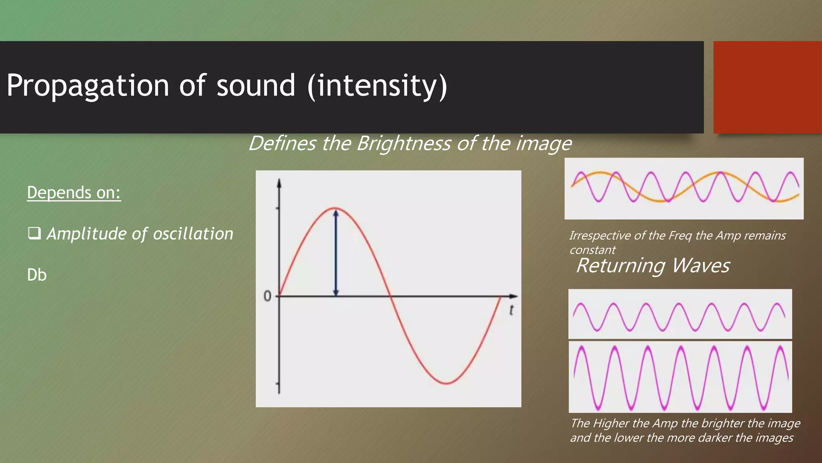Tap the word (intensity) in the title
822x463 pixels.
point(377,86)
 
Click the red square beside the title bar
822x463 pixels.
point(767,87)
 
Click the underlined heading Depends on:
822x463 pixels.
point(74,193)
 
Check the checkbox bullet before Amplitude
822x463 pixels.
point(34,233)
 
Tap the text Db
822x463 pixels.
point(37,275)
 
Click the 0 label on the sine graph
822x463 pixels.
point(267,297)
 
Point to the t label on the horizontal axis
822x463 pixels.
point(511,310)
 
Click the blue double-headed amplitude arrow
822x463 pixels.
point(336,253)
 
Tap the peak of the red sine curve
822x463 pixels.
point(336,208)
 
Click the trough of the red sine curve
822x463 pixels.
point(446,383)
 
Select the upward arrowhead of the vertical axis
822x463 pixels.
point(279,183)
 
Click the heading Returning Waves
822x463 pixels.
point(653,266)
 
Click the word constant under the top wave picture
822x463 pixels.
point(592,250)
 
